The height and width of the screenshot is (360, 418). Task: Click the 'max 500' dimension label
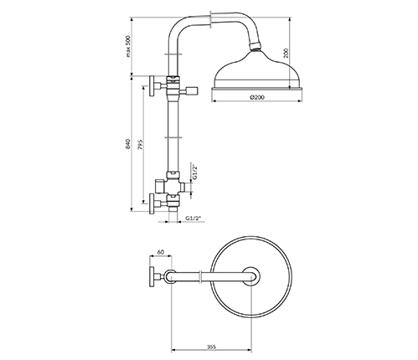click(128, 46)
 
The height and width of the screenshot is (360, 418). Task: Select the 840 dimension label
click(128, 143)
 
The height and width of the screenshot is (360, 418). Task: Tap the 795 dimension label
click(141, 145)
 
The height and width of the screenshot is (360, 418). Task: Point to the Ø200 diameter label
click(257, 97)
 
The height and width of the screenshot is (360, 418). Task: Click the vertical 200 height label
click(286, 53)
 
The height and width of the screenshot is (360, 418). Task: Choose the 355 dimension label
click(211, 347)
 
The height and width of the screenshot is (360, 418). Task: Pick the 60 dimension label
click(160, 252)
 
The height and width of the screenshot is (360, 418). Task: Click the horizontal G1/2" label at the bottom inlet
click(194, 219)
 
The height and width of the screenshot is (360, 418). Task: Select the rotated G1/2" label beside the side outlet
click(195, 172)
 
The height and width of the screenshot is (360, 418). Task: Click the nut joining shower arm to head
click(255, 46)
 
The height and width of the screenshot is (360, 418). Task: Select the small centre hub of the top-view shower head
click(251, 276)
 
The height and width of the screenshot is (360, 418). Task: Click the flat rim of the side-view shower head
click(256, 89)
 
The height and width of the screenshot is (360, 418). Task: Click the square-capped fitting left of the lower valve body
click(159, 186)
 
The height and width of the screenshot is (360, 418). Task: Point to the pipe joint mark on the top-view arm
click(200, 276)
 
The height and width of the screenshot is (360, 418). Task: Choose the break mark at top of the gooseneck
click(210, 19)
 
